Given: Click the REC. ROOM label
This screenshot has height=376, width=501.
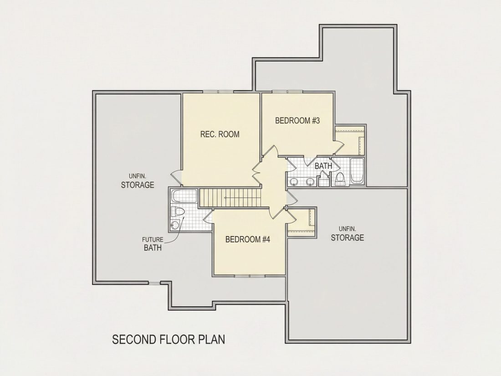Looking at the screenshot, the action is click(220, 134).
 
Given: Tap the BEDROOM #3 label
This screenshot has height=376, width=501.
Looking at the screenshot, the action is click(297, 120).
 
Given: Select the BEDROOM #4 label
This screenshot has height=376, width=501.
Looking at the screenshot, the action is click(248, 239).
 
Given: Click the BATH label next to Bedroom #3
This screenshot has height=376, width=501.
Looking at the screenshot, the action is click(323, 166).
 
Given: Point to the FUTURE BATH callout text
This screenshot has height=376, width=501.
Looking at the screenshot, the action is click(153, 244).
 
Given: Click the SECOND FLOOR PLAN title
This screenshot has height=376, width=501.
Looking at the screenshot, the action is click(169, 339).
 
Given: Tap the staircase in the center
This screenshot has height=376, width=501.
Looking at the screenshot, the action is click(230, 198).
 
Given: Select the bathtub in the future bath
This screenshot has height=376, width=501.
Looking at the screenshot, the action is click(184, 196).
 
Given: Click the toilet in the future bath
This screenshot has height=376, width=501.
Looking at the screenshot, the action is click(178, 211).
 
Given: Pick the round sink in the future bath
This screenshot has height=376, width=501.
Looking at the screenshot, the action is click(175, 225).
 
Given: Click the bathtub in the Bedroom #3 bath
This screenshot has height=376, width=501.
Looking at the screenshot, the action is click(357, 171).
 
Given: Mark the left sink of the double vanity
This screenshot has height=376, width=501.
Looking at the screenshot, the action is click(294, 182).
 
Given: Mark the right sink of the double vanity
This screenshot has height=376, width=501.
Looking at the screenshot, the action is click(310, 182).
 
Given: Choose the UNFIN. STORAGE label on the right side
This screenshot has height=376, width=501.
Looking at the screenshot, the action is click(348, 233).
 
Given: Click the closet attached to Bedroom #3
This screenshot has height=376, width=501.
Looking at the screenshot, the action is click(349, 141).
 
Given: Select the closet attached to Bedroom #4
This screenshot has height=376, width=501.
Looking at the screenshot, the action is click(302, 222).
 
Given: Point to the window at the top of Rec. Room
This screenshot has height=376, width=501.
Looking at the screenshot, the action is click(218, 92).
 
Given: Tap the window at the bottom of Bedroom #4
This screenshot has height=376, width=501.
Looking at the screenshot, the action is click(250, 275).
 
